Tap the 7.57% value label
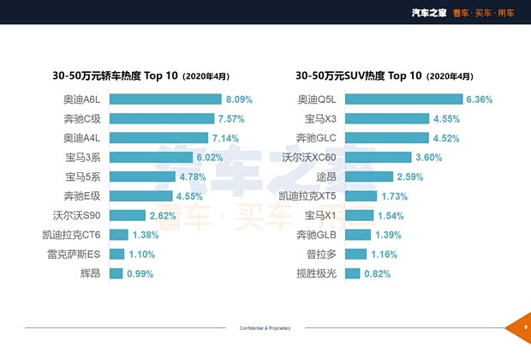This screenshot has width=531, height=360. coord(235,118)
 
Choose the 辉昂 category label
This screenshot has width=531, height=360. coord(88,273)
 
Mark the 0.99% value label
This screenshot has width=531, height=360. coord(140,273)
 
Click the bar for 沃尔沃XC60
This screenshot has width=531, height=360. coord(379,157)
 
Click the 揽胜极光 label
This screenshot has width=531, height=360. coord(316,273)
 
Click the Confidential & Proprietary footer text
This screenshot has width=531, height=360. coord(265,328)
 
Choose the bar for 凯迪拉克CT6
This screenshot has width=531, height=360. coord(117,235)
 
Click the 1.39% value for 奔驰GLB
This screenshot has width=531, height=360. coord(391,235)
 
